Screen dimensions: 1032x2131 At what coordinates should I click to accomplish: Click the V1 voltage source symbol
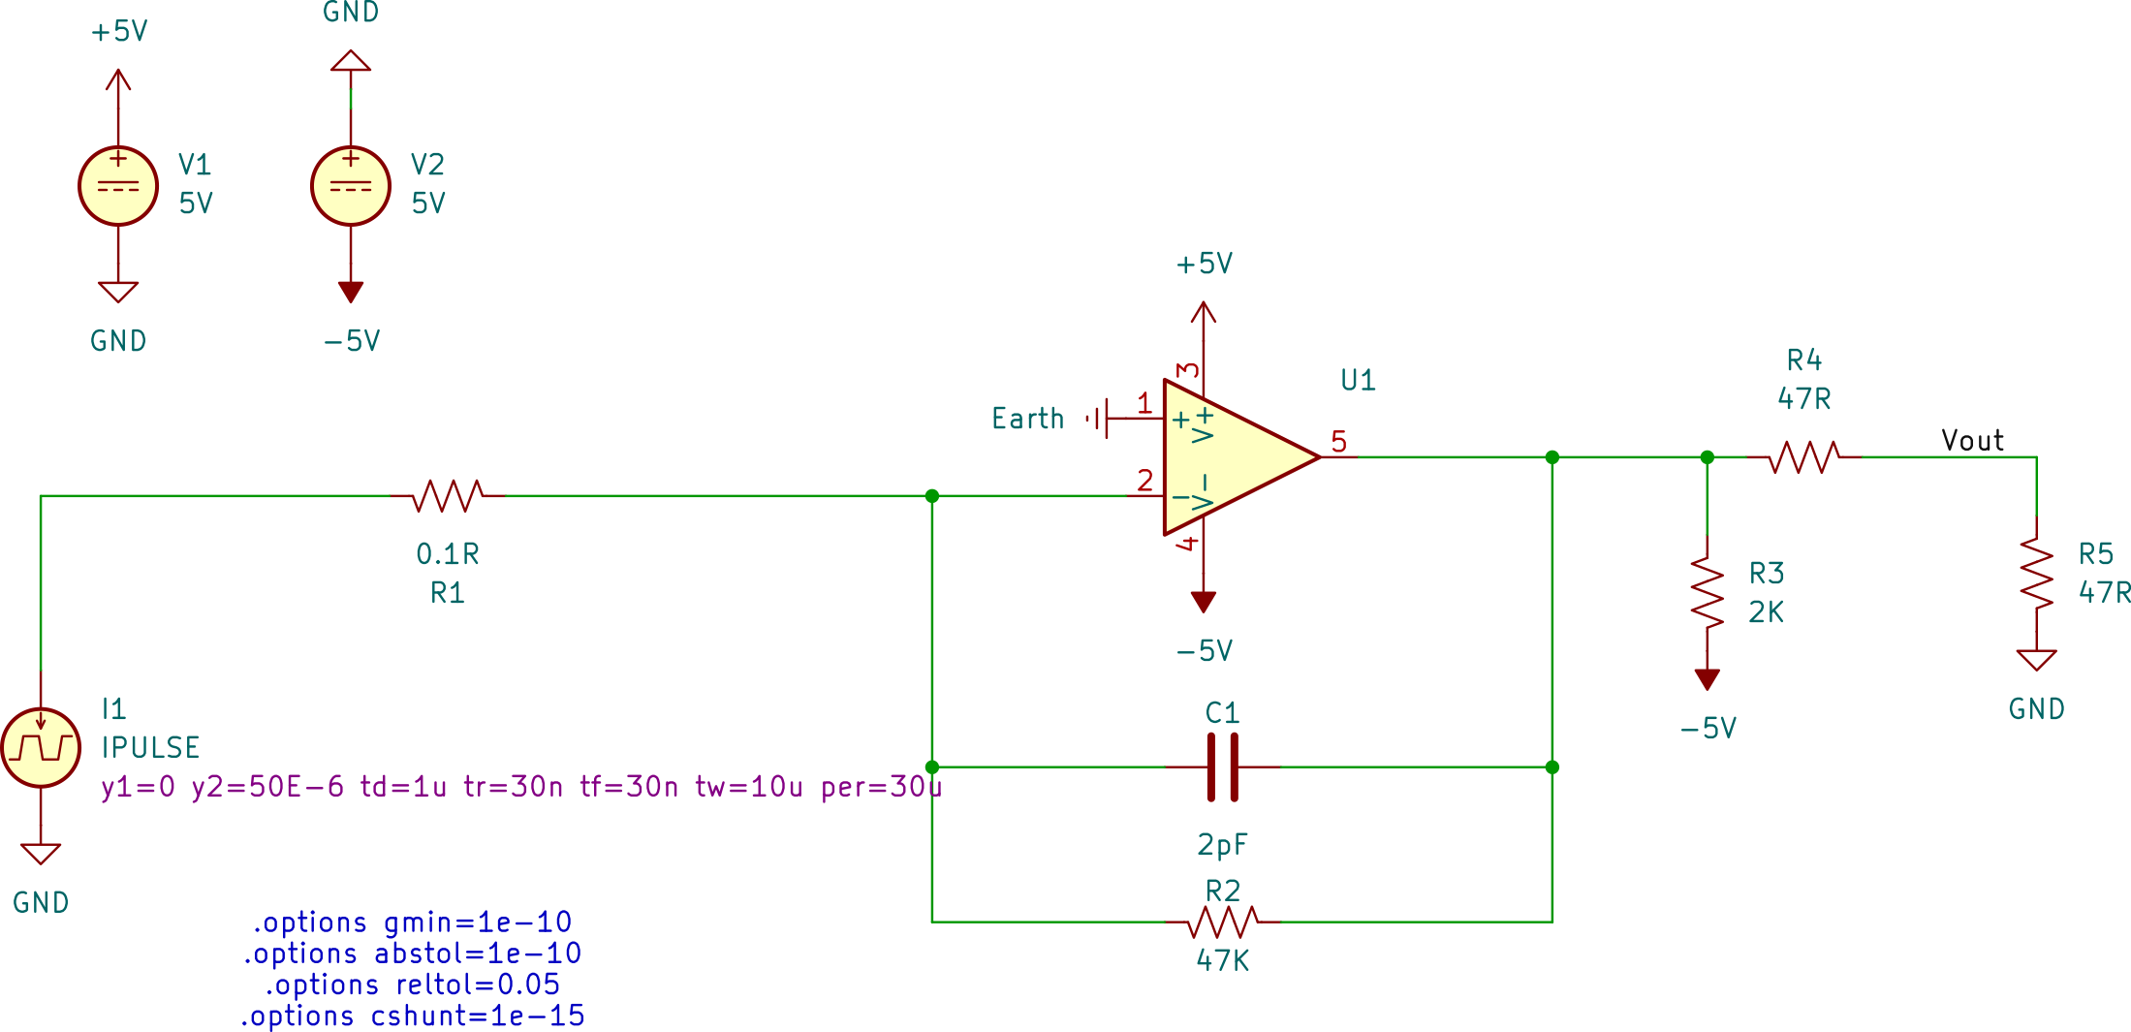click(x=118, y=186)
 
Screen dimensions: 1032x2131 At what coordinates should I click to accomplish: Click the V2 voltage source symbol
click(x=351, y=186)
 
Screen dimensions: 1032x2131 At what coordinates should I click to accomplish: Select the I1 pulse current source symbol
click(x=41, y=747)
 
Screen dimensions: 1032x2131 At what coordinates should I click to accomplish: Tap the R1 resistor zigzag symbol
click(x=448, y=495)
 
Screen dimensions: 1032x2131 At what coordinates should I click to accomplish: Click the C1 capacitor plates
click(x=1222, y=766)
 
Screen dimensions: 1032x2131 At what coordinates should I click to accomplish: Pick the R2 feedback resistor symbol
click(x=1223, y=922)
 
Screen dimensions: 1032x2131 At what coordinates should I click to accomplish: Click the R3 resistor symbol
click(x=1707, y=592)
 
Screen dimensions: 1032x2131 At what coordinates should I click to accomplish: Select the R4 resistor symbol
click(x=1803, y=456)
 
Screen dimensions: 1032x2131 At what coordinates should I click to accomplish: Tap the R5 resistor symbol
click(x=2036, y=574)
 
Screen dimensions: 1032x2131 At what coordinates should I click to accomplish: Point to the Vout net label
click(x=1972, y=440)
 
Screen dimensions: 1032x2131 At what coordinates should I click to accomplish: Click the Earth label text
click(x=1027, y=419)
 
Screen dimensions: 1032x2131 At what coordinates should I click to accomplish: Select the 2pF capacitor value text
click(x=1222, y=845)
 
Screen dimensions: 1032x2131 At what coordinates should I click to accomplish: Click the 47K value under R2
click(x=1222, y=960)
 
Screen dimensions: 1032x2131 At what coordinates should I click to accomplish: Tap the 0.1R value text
click(x=447, y=554)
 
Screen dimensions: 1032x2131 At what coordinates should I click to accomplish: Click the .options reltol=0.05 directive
click(x=413, y=985)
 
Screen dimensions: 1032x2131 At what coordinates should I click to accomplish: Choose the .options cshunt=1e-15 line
click(x=413, y=1016)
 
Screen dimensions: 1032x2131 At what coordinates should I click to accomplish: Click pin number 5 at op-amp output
click(x=1338, y=442)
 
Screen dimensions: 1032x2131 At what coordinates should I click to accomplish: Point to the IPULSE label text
click(x=151, y=747)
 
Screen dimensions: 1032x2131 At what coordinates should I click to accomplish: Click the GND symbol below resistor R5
click(x=2036, y=661)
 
